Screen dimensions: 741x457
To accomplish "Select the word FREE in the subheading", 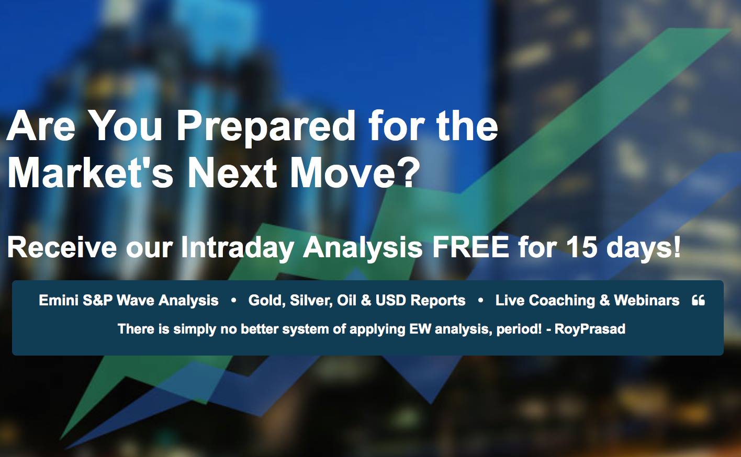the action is tap(471, 247).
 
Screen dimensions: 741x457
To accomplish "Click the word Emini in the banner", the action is tap(58, 300).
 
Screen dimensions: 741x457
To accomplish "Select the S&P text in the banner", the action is tap(97, 300).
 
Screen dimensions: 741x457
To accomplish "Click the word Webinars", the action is tap(646, 300).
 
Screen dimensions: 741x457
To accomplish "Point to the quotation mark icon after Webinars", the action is tap(698, 300).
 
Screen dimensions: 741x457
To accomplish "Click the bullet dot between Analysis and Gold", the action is tap(233, 300).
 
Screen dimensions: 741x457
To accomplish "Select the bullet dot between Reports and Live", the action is tap(481, 300).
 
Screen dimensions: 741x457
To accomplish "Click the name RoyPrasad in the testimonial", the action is tap(590, 329).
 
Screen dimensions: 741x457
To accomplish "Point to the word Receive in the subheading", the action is tap(62, 247).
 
